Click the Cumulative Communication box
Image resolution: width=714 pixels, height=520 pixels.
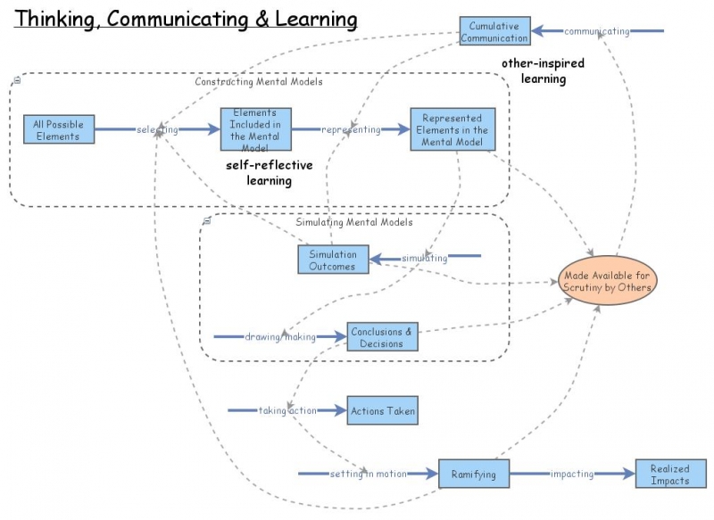494,32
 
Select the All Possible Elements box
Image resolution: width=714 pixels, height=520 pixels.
58,130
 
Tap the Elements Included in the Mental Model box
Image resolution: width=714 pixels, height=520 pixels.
255,130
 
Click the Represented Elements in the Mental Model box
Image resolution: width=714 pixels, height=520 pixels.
452,130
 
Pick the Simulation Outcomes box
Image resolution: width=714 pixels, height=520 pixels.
332,260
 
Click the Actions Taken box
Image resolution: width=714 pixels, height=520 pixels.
382,411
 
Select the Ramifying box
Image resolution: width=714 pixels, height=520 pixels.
473,474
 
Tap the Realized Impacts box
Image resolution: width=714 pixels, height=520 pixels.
669,474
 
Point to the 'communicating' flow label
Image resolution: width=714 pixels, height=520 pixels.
596,32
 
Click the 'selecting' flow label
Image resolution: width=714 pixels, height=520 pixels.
157,130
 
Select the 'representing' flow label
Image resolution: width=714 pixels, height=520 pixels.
351,130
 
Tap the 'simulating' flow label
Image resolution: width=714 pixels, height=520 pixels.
424,259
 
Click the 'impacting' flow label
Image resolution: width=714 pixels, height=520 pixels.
572,474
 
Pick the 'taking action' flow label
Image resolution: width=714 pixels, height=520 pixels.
287,411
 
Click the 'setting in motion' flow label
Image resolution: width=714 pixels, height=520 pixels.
368,474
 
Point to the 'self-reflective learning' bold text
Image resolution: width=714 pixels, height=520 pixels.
268,173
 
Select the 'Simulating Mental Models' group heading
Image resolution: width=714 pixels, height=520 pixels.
353,223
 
